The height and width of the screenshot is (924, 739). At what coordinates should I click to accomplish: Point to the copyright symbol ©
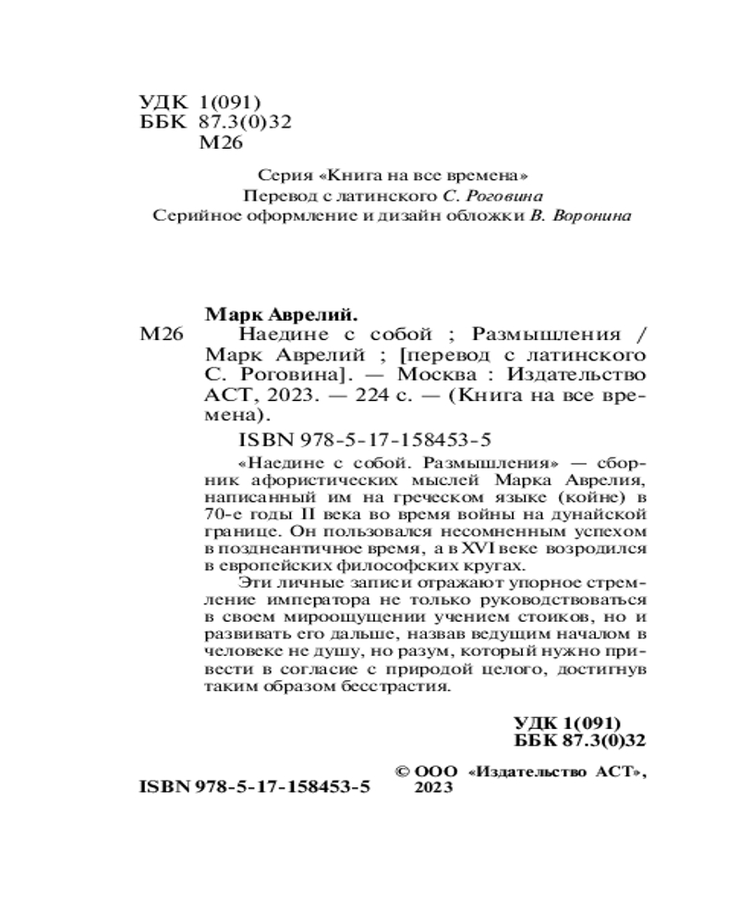coord(403,769)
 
